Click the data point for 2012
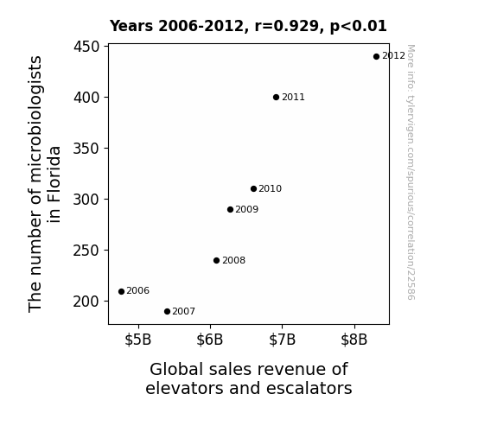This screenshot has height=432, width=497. point(376,57)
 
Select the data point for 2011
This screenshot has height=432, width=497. point(276,98)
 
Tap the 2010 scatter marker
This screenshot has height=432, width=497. point(253,189)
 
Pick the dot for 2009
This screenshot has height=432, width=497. point(231,209)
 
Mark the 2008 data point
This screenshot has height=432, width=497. point(216,261)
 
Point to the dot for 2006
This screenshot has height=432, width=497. point(121,291)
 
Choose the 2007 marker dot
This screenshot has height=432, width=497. point(168,312)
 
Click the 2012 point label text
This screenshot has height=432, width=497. point(393,56)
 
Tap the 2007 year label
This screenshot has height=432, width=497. point(184,312)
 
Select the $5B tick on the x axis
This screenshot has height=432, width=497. point(138,340)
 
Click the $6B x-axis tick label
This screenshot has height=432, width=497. point(210,340)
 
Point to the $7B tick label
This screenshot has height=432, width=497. point(282,340)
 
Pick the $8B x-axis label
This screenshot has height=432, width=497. point(354,340)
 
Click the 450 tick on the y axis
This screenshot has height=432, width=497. point(86,47)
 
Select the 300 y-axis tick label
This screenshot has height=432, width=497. point(86,200)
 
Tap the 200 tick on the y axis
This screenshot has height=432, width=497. point(86,302)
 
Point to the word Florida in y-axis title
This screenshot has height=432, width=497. point(54,184)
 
